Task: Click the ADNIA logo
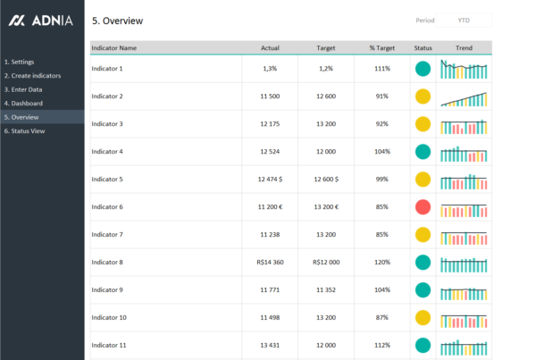click(x=41, y=21)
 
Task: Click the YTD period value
click(x=464, y=20)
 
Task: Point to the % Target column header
click(x=381, y=47)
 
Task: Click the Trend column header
click(x=464, y=47)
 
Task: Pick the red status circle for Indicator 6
click(x=423, y=207)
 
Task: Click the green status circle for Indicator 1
click(x=423, y=69)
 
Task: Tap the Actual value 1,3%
click(x=270, y=69)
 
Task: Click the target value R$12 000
click(x=326, y=263)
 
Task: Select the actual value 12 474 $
click(x=270, y=180)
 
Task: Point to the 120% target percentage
click(x=382, y=263)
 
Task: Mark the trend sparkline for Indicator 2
click(x=464, y=96)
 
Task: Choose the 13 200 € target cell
click(x=326, y=207)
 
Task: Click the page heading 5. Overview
click(x=117, y=21)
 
